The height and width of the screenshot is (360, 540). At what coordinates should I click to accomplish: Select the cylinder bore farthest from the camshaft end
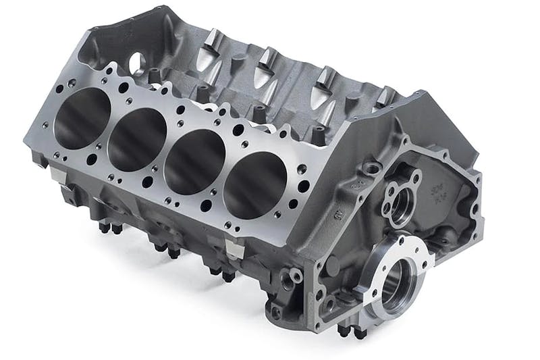coord(82,118)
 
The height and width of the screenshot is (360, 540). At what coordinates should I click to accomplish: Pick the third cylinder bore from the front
coord(137,138)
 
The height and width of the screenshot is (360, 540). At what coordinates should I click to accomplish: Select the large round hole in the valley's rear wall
coord(137,63)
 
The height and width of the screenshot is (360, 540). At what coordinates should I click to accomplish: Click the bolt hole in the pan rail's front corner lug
coord(275,312)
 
